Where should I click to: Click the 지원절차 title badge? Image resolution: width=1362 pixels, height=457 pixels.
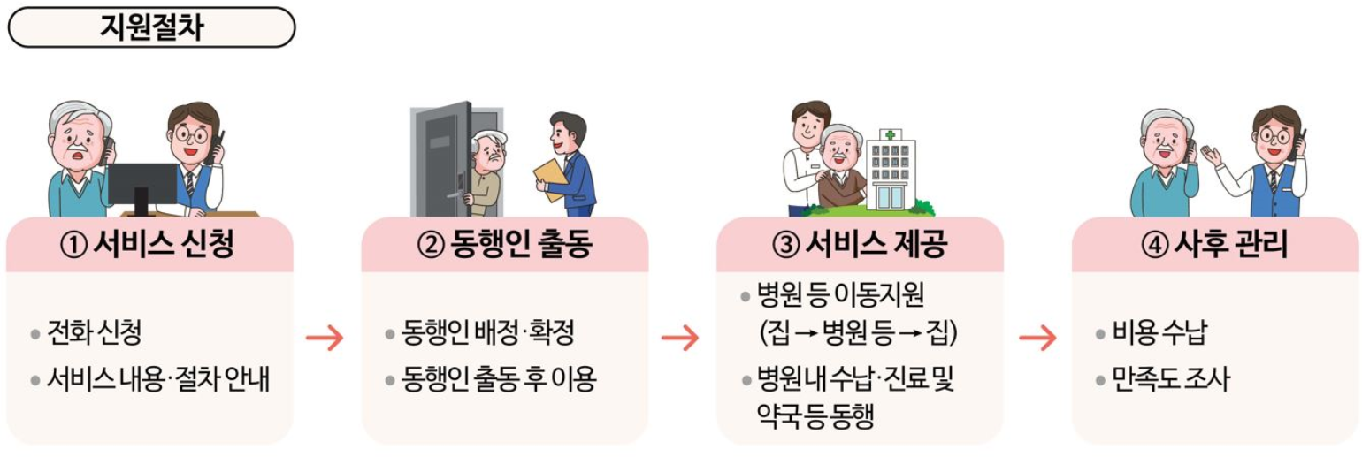point(151,27)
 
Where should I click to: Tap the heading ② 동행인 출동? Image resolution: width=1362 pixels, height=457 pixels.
point(504,245)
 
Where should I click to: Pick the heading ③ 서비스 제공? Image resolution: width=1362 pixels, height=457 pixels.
point(860,245)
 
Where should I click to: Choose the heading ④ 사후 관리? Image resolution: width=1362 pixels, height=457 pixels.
point(1215,245)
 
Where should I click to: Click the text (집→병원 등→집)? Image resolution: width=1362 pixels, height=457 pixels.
point(858,334)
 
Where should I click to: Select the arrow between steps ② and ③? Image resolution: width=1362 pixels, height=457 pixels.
point(680,338)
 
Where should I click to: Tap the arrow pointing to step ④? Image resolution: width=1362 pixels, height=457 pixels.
point(1037,338)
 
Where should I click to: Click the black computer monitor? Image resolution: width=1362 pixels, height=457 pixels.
point(142,182)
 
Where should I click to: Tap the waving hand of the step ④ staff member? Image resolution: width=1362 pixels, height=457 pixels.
point(1211,156)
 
